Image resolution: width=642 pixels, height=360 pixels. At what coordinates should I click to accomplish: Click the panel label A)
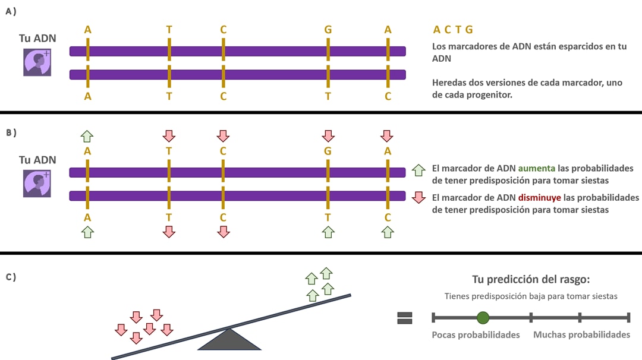click(10, 11)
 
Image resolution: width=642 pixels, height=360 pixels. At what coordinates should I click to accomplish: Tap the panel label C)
click(10, 277)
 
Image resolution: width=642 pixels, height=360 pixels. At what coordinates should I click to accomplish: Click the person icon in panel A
click(37, 62)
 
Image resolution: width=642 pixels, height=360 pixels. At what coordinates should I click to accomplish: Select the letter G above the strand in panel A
click(328, 29)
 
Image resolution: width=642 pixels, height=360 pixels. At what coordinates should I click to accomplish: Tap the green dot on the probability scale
click(483, 318)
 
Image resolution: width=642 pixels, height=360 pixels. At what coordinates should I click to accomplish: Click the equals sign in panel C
click(405, 318)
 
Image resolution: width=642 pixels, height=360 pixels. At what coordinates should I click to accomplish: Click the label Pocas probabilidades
click(476, 334)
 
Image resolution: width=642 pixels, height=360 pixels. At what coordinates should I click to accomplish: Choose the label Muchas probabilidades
click(581, 334)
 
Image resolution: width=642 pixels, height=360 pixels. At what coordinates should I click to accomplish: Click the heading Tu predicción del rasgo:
click(530, 279)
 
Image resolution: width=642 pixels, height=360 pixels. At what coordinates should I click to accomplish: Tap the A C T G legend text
click(453, 30)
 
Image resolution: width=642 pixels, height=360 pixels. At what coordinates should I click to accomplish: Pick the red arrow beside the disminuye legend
click(418, 197)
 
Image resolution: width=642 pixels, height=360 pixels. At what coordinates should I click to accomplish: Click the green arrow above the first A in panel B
click(87, 136)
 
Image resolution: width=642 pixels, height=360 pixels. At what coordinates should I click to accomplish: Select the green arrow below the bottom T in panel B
click(328, 232)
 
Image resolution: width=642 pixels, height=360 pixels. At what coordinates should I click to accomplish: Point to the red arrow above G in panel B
click(328, 136)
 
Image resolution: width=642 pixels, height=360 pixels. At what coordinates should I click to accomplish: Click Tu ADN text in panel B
click(37, 160)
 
